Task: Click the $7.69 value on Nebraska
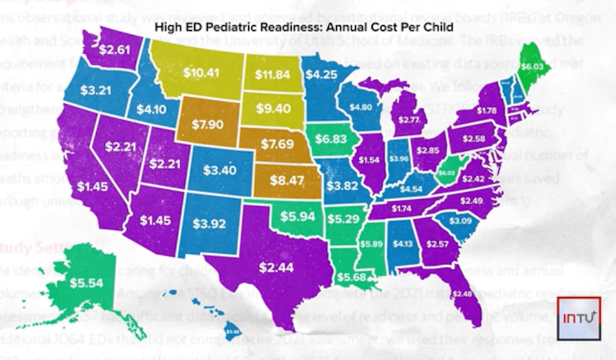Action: (277, 145)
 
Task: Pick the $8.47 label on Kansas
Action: (286, 180)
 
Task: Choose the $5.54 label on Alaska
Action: (85, 283)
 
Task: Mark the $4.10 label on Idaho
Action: (152, 108)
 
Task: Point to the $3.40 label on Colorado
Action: (220, 170)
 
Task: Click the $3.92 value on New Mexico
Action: (208, 222)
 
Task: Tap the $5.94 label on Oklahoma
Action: (296, 215)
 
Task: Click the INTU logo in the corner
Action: (579, 318)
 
